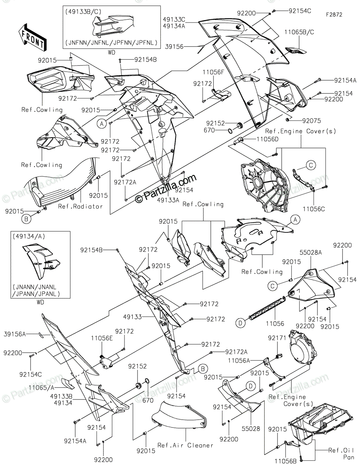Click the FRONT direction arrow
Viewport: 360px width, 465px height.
click(x=32, y=37)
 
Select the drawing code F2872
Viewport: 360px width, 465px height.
click(x=334, y=15)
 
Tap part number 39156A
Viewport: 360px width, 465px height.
click(x=15, y=334)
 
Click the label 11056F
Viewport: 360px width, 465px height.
click(x=213, y=72)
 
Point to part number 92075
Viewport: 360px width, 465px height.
click(x=312, y=121)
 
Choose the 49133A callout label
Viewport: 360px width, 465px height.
click(x=168, y=200)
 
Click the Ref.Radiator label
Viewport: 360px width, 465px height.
click(x=81, y=206)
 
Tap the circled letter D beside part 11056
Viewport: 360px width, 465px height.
click(x=240, y=323)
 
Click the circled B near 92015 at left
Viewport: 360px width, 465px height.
click(x=26, y=219)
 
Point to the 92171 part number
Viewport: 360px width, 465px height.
click(x=277, y=338)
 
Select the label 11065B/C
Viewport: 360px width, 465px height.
click(x=299, y=32)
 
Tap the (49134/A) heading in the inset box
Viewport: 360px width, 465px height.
click(x=29, y=236)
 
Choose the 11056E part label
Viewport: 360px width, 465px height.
click(x=102, y=338)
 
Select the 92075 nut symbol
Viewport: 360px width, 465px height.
click(x=288, y=119)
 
